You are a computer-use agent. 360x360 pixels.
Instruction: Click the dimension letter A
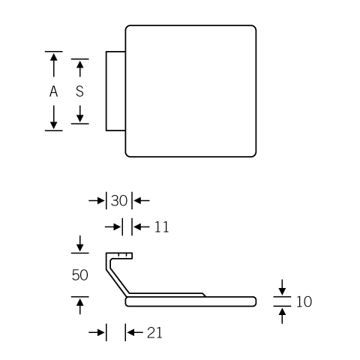point(53,91)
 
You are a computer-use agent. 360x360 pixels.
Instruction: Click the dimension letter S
point(79,91)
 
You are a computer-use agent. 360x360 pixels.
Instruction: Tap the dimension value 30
point(119,200)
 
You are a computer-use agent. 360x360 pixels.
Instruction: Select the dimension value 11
point(161,227)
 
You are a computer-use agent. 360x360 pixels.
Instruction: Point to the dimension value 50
point(79,275)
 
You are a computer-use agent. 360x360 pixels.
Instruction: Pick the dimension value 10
point(304,301)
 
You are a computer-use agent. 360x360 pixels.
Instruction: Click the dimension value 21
point(154,333)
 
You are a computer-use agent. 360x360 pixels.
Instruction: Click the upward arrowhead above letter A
point(53,57)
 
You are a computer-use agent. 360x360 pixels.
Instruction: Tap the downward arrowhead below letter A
point(53,125)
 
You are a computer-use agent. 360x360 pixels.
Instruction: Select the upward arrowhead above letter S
point(79,65)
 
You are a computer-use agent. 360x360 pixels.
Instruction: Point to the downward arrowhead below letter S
point(79,118)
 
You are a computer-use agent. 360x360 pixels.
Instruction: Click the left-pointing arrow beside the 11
point(141,227)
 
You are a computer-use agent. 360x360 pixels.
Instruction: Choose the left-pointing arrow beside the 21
point(135,332)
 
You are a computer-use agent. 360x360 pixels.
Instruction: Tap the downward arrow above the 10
point(282,287)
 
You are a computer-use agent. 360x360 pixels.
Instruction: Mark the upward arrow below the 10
point(282,316)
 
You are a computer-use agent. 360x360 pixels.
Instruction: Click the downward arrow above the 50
point(79,244)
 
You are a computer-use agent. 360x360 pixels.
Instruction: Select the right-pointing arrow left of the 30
point(97,200)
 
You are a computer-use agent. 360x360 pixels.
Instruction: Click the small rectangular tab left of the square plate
point(115,91)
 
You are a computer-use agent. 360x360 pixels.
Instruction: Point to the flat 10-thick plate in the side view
point(190,301)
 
